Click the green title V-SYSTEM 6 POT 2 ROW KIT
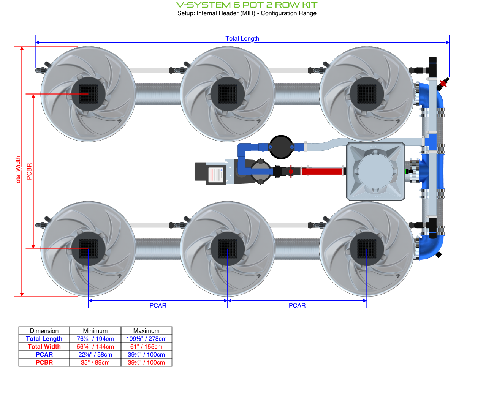[x=247, y=5]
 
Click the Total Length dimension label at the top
[x=242, y=38]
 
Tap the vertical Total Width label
[x=18, y=171]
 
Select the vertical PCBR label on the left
[x=29, y=171]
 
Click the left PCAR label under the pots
[x=158, y=305]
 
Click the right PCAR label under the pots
[x=297, y=305]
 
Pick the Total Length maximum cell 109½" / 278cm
[x=146, y=339]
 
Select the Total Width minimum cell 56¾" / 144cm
[x=95, y=347]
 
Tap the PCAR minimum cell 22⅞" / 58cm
[x=95, y=355]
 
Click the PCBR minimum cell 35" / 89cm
[x=95, y=363]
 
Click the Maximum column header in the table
[x=146, y=331]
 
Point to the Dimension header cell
[x=44, y=331]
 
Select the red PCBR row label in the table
[x=44, y=363]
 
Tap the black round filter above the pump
[x=281, y=147]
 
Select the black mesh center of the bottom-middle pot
[x=228, y=249]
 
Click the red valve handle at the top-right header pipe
[x=443, y=83]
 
